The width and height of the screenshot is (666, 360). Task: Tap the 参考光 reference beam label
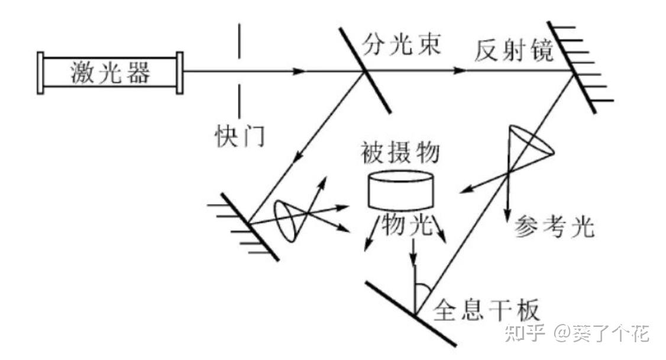(554, 228)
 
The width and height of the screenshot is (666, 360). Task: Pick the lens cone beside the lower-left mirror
(289, 219)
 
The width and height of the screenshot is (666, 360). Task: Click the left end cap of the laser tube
(40, 73)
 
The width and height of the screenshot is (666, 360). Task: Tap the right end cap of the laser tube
(180, 73)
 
